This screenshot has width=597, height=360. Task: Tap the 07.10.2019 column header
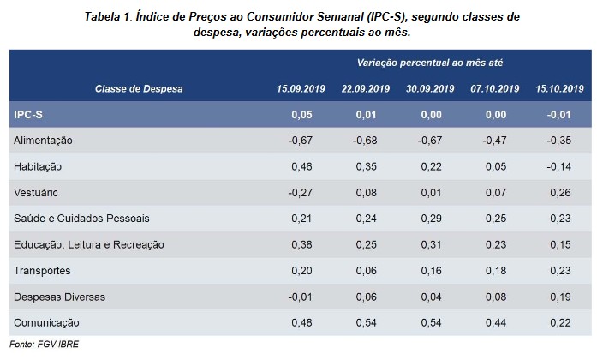coord(495,88)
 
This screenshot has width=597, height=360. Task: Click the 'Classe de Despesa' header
coord(140,88)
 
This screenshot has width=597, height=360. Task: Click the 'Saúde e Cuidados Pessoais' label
coord(75,219)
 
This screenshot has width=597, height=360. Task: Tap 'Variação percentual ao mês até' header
coord(428,63)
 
